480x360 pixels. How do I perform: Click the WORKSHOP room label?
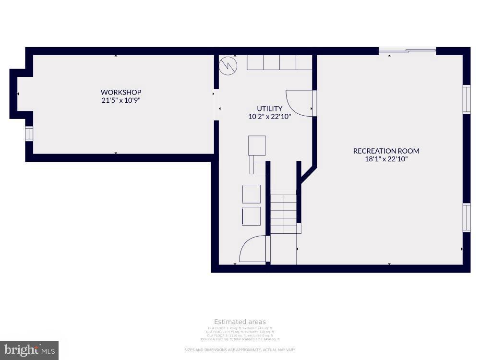point(121,92)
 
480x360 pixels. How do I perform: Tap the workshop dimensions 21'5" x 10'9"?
point(121,100)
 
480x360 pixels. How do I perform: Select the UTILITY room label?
point(269,108)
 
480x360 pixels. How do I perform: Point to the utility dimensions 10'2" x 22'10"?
point(269,116)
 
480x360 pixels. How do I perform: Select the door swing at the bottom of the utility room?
point(253,249)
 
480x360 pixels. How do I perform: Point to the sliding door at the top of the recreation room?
point(407,49)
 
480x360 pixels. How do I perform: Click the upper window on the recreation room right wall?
point(466,99)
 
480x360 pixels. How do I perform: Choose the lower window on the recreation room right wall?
point(466,217)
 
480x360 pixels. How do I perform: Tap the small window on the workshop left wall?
point(29,133)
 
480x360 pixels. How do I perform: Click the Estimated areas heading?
point(240,322)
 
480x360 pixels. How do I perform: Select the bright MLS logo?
point(29,350)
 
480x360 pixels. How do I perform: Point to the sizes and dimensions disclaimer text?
point(240,349)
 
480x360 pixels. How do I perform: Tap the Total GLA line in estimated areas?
point(240,339)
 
